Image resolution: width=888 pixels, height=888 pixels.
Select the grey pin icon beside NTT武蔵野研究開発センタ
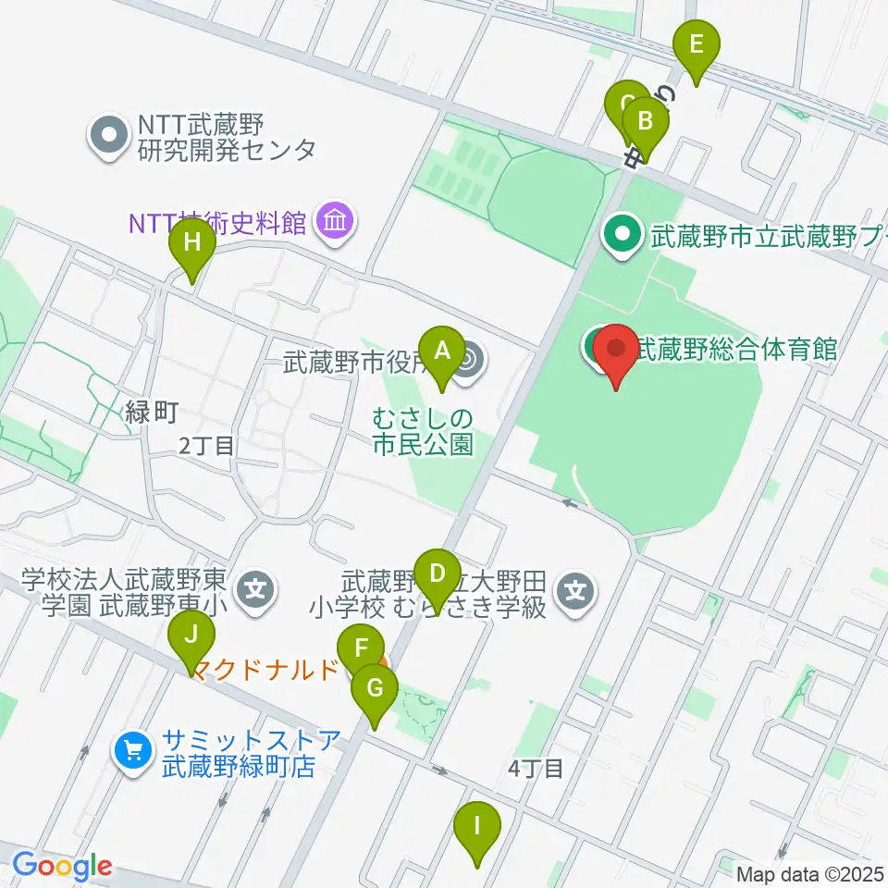(x=109, y=136)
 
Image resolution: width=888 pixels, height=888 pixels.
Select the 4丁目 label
(x=536, y=768)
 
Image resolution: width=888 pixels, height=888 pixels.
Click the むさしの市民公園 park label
(x=423, y=432)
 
